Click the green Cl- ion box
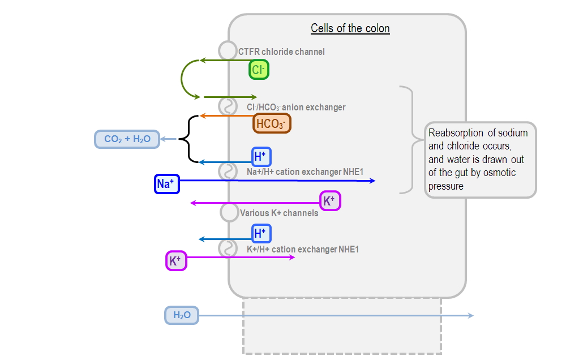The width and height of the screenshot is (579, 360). coord(259,70)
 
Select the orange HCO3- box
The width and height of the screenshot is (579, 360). coord(272,123)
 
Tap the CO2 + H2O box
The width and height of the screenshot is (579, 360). coord(127,139)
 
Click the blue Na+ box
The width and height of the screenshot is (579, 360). coord(167,184)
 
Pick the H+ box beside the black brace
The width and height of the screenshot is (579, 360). coord(261,156)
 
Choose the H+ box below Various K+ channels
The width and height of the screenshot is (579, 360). coord(261,233)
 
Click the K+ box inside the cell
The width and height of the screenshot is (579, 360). coord(330,201)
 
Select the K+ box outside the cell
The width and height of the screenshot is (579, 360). coord(175,261)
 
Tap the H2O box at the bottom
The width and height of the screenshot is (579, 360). coord(182,315)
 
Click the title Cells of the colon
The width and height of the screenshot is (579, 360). coord(350,28)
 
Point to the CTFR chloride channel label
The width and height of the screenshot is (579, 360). coord(281,52)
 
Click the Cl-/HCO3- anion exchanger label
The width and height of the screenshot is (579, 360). coord(295,107)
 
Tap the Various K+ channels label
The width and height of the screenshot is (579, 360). coord(278,213)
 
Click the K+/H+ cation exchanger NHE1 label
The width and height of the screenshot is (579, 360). coord(302,249)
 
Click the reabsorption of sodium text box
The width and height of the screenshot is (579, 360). coord(480,160)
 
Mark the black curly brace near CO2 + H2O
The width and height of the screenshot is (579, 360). coord(186,139)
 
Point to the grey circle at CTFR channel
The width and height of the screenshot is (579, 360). coord(228,51)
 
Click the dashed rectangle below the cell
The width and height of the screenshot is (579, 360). coord(342,334)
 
